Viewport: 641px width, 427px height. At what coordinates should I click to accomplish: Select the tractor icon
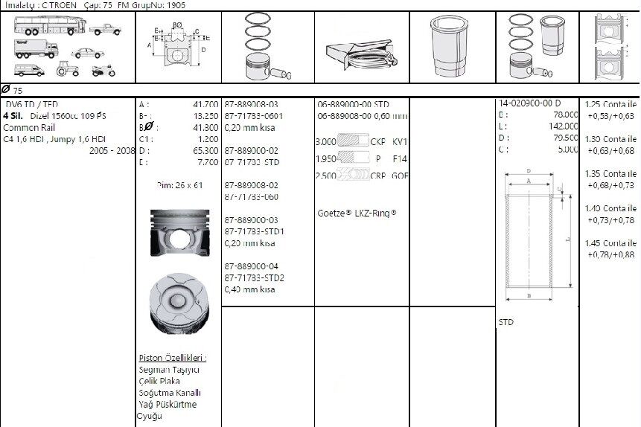click(x=66, y=70)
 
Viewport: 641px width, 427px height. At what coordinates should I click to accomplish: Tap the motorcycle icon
click(x=101, y=71)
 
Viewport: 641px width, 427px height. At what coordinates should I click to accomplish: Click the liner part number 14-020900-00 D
click(x=529, y=103)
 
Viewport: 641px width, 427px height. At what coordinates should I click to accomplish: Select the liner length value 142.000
click(x=563, y=126)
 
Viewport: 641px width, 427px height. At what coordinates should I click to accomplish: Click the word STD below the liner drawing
click(x=506, y=323)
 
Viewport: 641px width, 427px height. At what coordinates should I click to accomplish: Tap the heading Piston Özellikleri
click(x=172, y=358)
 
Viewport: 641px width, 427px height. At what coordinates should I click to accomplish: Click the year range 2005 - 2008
click(x=112, y=150)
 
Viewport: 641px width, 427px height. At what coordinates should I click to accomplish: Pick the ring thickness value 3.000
click(x=325, y=141)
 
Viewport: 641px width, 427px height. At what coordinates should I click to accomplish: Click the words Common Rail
click(x=25, y=127)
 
